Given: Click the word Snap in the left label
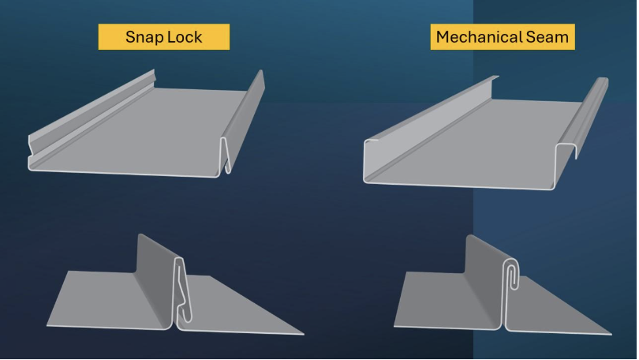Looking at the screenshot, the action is [x=144, y=37].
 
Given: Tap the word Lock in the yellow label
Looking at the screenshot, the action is [x=185, y=37].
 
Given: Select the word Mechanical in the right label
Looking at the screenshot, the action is [x=480, y=37].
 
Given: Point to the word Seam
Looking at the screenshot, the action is [x=547, y=37].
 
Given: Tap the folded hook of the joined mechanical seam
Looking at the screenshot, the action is [x=512, y=274].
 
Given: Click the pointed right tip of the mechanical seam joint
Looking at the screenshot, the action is [x=611, y=334].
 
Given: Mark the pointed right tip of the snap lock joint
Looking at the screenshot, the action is [x=304, y=334].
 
